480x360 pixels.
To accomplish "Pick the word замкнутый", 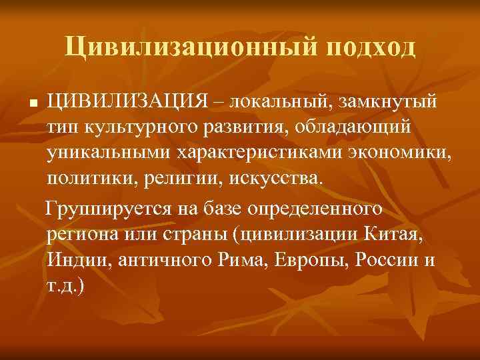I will click(391, 104).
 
